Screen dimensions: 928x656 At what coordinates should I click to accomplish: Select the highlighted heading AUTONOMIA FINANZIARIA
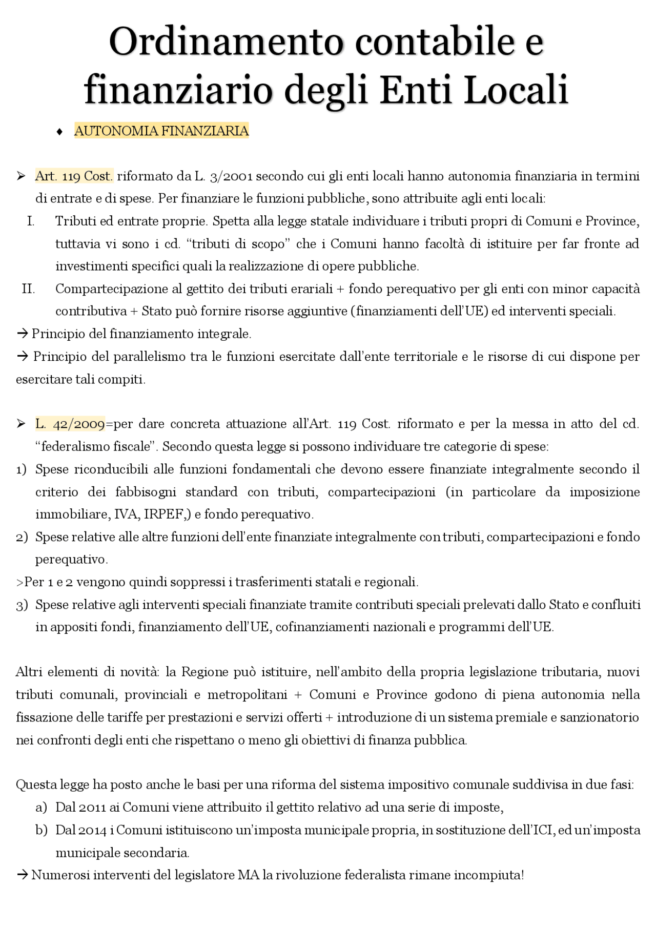[x=161, y=131]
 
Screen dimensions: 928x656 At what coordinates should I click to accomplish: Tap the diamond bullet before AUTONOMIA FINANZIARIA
[x=59, y=132]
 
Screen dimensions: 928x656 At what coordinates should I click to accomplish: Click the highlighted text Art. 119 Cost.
[x=74, y=176]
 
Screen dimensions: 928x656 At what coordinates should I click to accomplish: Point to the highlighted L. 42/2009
[x=70, y=424]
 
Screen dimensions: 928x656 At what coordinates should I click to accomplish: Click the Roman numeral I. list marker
[x=31, y=221]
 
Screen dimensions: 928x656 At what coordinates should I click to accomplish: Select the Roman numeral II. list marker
[x=28, y=289]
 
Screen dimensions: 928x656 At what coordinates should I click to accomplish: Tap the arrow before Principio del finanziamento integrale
[x=22, y=334]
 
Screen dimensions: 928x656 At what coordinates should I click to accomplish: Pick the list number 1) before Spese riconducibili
[x=21, y=469]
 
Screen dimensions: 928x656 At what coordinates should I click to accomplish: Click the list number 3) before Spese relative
[x=22, y=605]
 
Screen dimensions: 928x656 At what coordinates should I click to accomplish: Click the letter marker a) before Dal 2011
[x=41, y=808]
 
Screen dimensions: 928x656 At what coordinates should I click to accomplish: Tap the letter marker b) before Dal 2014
[x=41, y=830]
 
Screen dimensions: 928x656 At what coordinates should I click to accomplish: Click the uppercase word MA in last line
[x=248, y=875]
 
